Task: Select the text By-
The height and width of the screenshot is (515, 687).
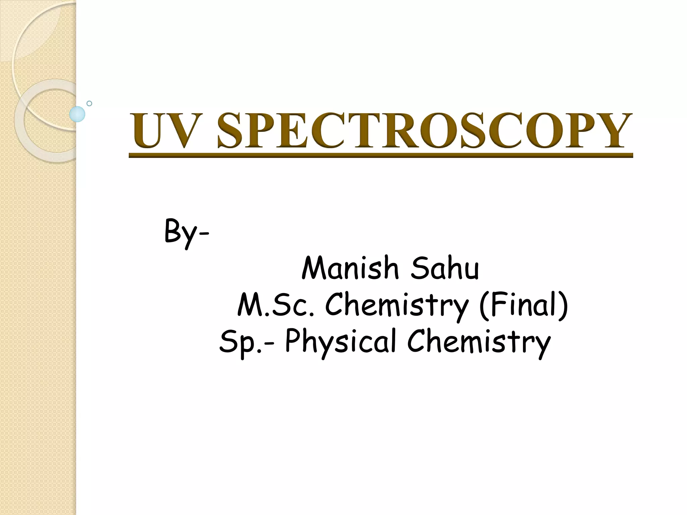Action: (187, 231)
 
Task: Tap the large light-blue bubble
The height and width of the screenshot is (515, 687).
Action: (77, 114)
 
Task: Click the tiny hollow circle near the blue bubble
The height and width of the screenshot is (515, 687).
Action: (89, 103)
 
